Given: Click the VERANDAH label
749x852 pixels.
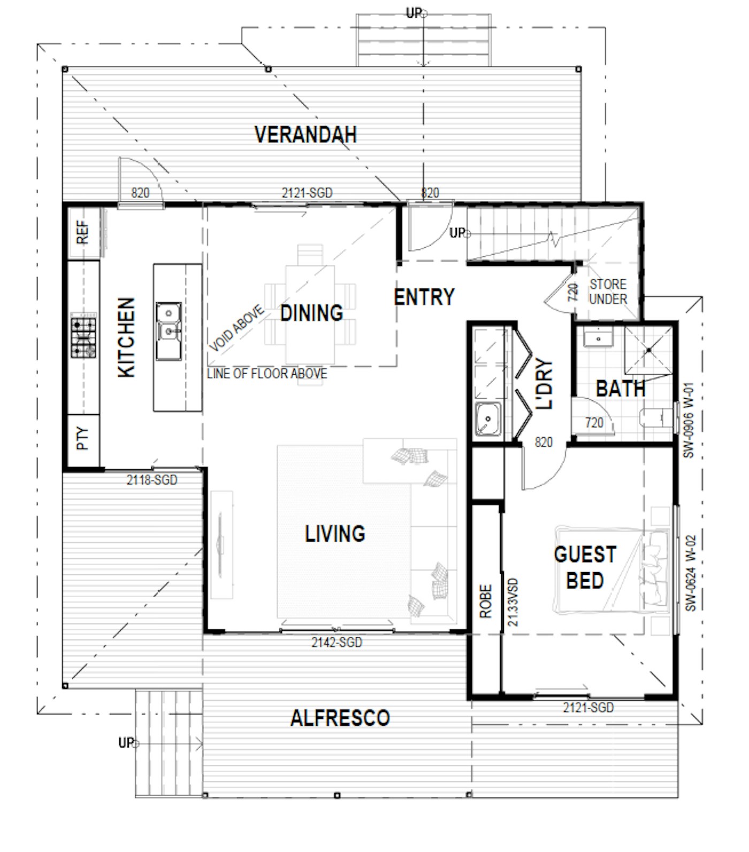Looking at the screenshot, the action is pos(305,134).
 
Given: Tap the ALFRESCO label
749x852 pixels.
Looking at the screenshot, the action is pos(340,718).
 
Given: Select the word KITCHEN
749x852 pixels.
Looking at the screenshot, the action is pos(126,338).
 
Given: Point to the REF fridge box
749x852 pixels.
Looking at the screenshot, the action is pos(83,232).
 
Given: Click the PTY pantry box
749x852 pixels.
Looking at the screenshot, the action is pos(83,438).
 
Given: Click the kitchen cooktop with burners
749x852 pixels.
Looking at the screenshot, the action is pos(84,338).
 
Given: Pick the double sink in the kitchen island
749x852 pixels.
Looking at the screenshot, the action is pos(169,331).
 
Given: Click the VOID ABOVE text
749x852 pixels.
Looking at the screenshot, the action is pos(236,329).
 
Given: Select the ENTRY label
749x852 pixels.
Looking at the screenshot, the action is pos(424,296).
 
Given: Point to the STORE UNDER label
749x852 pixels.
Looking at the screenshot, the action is pos(608,292).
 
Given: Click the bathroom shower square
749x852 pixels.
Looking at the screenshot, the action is pos(648,350).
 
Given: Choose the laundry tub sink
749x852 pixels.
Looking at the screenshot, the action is pos(488,419).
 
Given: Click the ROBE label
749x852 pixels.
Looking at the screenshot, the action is pos(485,602).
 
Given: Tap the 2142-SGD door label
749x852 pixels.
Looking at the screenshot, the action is pos(337,642).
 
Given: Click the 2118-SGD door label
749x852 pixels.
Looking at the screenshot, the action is pos(152,480).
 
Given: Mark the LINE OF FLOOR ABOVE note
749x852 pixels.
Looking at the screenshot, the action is pos(267,374).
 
